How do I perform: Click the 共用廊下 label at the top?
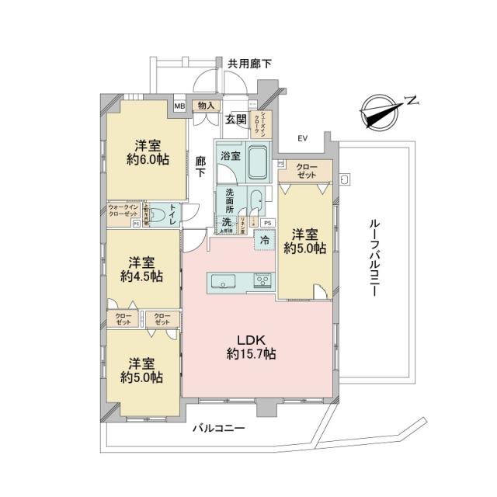pos(249,64)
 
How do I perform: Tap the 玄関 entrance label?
pos(236,120)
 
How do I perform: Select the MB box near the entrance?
pos(179,106)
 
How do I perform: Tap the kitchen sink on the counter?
pos(222,281)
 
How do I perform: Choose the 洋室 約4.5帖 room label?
pos(141,269)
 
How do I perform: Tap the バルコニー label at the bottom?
pos(220,429)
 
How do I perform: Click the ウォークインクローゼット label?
pos(123,210)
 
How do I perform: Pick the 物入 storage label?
pos(206,106)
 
